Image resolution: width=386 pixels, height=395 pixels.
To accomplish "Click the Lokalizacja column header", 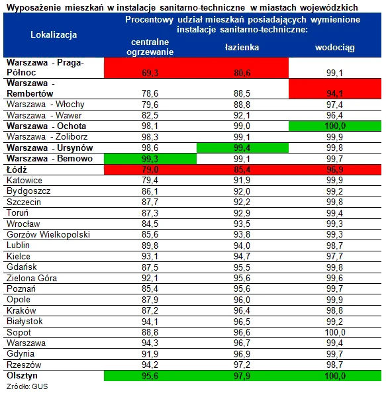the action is (x=54, y=35).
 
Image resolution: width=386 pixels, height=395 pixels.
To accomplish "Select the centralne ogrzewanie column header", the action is (x=150, y=47).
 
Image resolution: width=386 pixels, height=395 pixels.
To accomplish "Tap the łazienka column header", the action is (x=242, y=47).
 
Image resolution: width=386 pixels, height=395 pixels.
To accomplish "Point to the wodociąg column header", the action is (x=335, y=48).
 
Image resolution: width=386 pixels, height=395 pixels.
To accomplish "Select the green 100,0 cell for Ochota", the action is (x=335, y=126).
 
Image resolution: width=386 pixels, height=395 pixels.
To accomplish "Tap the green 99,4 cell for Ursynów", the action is (x=242, y=148).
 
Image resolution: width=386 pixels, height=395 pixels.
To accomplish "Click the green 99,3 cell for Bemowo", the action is (x=150, y=159).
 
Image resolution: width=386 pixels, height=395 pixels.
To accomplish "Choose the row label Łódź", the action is (x=17, y=169).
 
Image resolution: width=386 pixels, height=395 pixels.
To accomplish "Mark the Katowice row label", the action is (x=24, y=181).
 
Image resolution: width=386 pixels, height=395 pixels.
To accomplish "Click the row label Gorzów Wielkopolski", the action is (x=48, y=234).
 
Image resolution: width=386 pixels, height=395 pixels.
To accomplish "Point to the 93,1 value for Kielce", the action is (x=150, y=256).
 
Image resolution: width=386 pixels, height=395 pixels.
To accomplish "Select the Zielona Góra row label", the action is (x=32, y=278).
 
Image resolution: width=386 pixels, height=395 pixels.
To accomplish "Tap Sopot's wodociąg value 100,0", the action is (x=335, y=332).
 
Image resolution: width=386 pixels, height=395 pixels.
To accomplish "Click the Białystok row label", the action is (x=24, y=322).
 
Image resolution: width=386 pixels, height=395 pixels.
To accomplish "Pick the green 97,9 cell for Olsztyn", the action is (x=242, y=376).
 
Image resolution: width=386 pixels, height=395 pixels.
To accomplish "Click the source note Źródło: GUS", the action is (x=27, y=386).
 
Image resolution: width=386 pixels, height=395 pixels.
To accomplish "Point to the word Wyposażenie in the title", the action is (x=34, y=7).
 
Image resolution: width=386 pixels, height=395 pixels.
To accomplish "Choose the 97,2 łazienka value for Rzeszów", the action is (x=242, y=365).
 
